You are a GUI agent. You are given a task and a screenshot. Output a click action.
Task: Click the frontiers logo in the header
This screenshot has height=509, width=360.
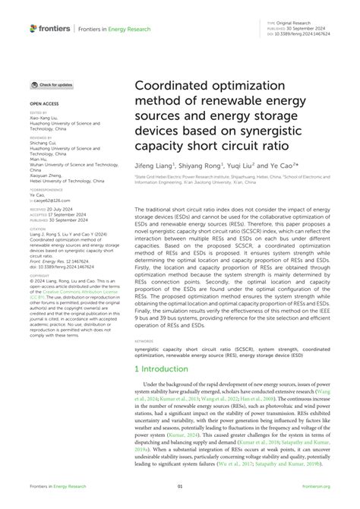(50, 28)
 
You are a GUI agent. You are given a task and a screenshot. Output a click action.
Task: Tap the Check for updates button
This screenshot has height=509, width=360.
(52, 85)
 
